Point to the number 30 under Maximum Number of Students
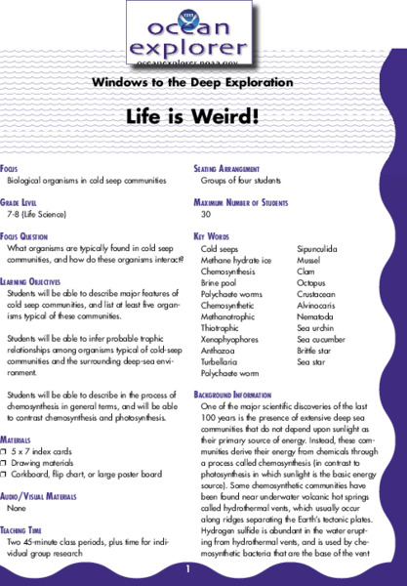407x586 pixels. click(x=206, y=213)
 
